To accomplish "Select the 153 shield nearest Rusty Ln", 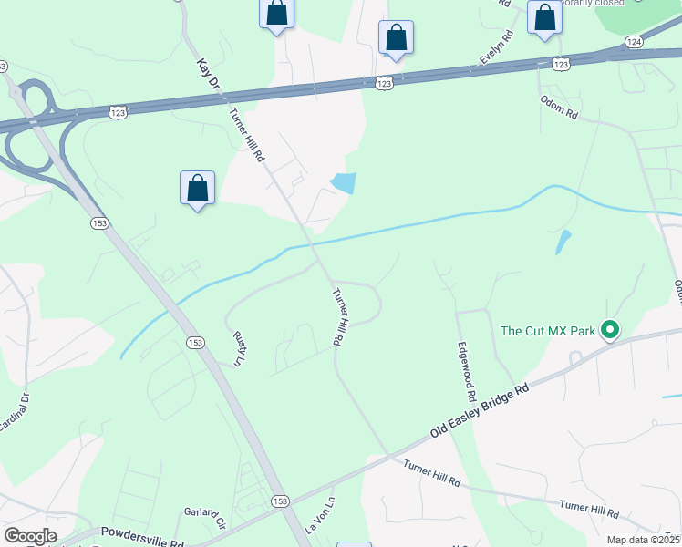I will (194, 343).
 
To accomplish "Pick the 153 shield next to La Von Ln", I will (281, 501).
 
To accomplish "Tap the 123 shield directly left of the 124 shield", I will (562, 64).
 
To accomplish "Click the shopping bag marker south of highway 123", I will (198, 188).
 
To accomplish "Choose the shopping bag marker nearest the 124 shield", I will (544, 17).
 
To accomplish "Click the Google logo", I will (29, 536).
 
